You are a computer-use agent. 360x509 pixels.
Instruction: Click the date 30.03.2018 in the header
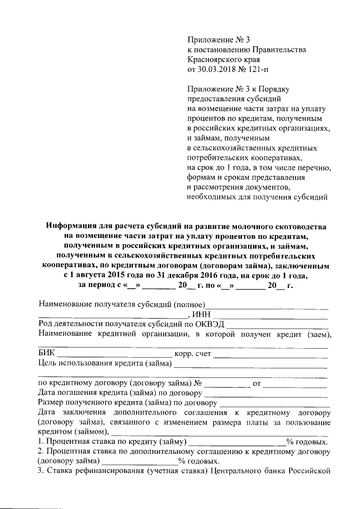(x=217, y=70)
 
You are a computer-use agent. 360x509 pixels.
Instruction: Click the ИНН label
(x=201, y=314)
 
